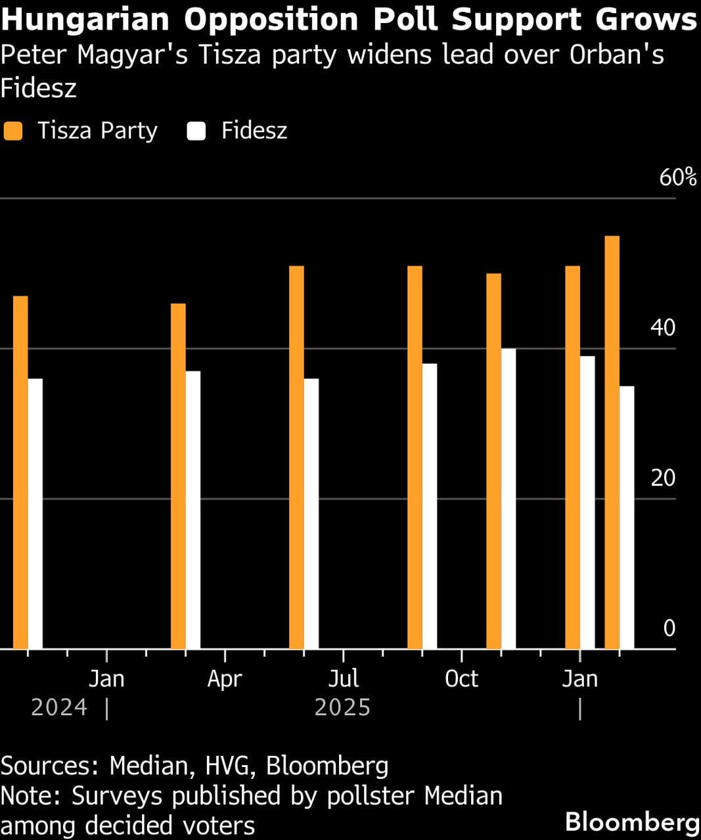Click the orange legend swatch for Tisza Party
(x=13, y=131)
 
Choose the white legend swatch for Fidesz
(x=196, y=131)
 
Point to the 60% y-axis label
(x=677, y=177)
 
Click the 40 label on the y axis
(x=663, y=327)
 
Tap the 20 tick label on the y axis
(x=663, y=478)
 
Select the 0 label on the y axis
(x=669, y=628)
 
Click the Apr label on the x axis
(x=225, y=678)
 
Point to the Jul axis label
(x=343, y=678)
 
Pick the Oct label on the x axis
(x=461, y=678)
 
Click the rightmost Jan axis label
(x=579, y=678)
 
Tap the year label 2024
(x=59, y=708)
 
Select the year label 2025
(x=342, y=708)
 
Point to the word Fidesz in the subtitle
(x=38, y=88)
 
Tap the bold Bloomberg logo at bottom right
(x=632, y=822)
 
